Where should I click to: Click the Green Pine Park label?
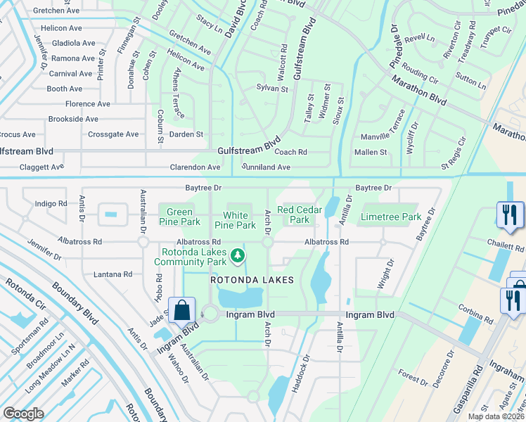(179, 217)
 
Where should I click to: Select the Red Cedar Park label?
(299, 215)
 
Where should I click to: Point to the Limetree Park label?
(390, 217)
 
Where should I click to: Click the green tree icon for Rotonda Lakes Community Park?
(238, 255)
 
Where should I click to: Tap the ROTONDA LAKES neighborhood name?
(252, 280)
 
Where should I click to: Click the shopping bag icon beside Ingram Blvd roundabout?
(181, 310)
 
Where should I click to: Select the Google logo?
(23, 414)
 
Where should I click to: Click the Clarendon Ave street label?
(195, 167)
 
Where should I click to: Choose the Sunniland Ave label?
(266, 167)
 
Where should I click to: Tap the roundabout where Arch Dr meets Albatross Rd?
(267, 242)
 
